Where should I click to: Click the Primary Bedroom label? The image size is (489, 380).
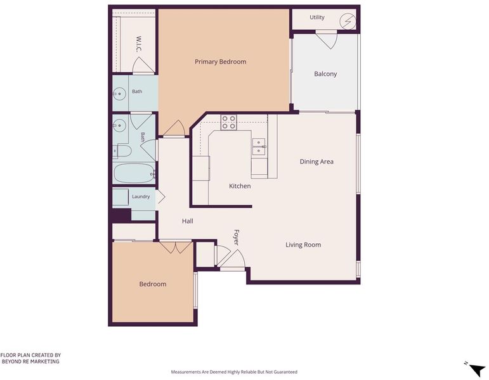[221, 61]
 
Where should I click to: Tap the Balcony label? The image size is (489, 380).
[325, 74]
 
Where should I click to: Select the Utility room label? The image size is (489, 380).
[317, 18]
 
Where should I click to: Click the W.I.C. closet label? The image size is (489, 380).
[139, 44]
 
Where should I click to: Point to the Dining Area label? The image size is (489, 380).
[316, 161]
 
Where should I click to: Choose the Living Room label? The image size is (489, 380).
[303, 245]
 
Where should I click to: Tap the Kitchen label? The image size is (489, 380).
[240, 186]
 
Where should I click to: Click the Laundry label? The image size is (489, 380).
[141, 196]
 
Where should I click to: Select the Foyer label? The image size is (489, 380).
[236, 237]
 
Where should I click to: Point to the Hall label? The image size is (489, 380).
[188, 221]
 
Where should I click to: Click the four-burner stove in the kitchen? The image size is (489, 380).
[228, 122]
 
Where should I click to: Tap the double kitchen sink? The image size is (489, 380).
[259, 147]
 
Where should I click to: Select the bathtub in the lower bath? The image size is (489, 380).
[134, 173]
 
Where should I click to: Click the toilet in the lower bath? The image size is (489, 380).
[121, 151]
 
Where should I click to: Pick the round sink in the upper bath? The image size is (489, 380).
[119, 94]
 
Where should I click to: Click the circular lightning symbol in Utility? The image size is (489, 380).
[348, 21]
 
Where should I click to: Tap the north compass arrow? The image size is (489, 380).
[476, 370]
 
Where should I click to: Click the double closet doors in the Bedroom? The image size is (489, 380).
[176, 247]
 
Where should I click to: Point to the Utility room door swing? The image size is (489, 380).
[326, 40]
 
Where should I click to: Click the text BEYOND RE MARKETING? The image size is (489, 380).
[30, 362]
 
